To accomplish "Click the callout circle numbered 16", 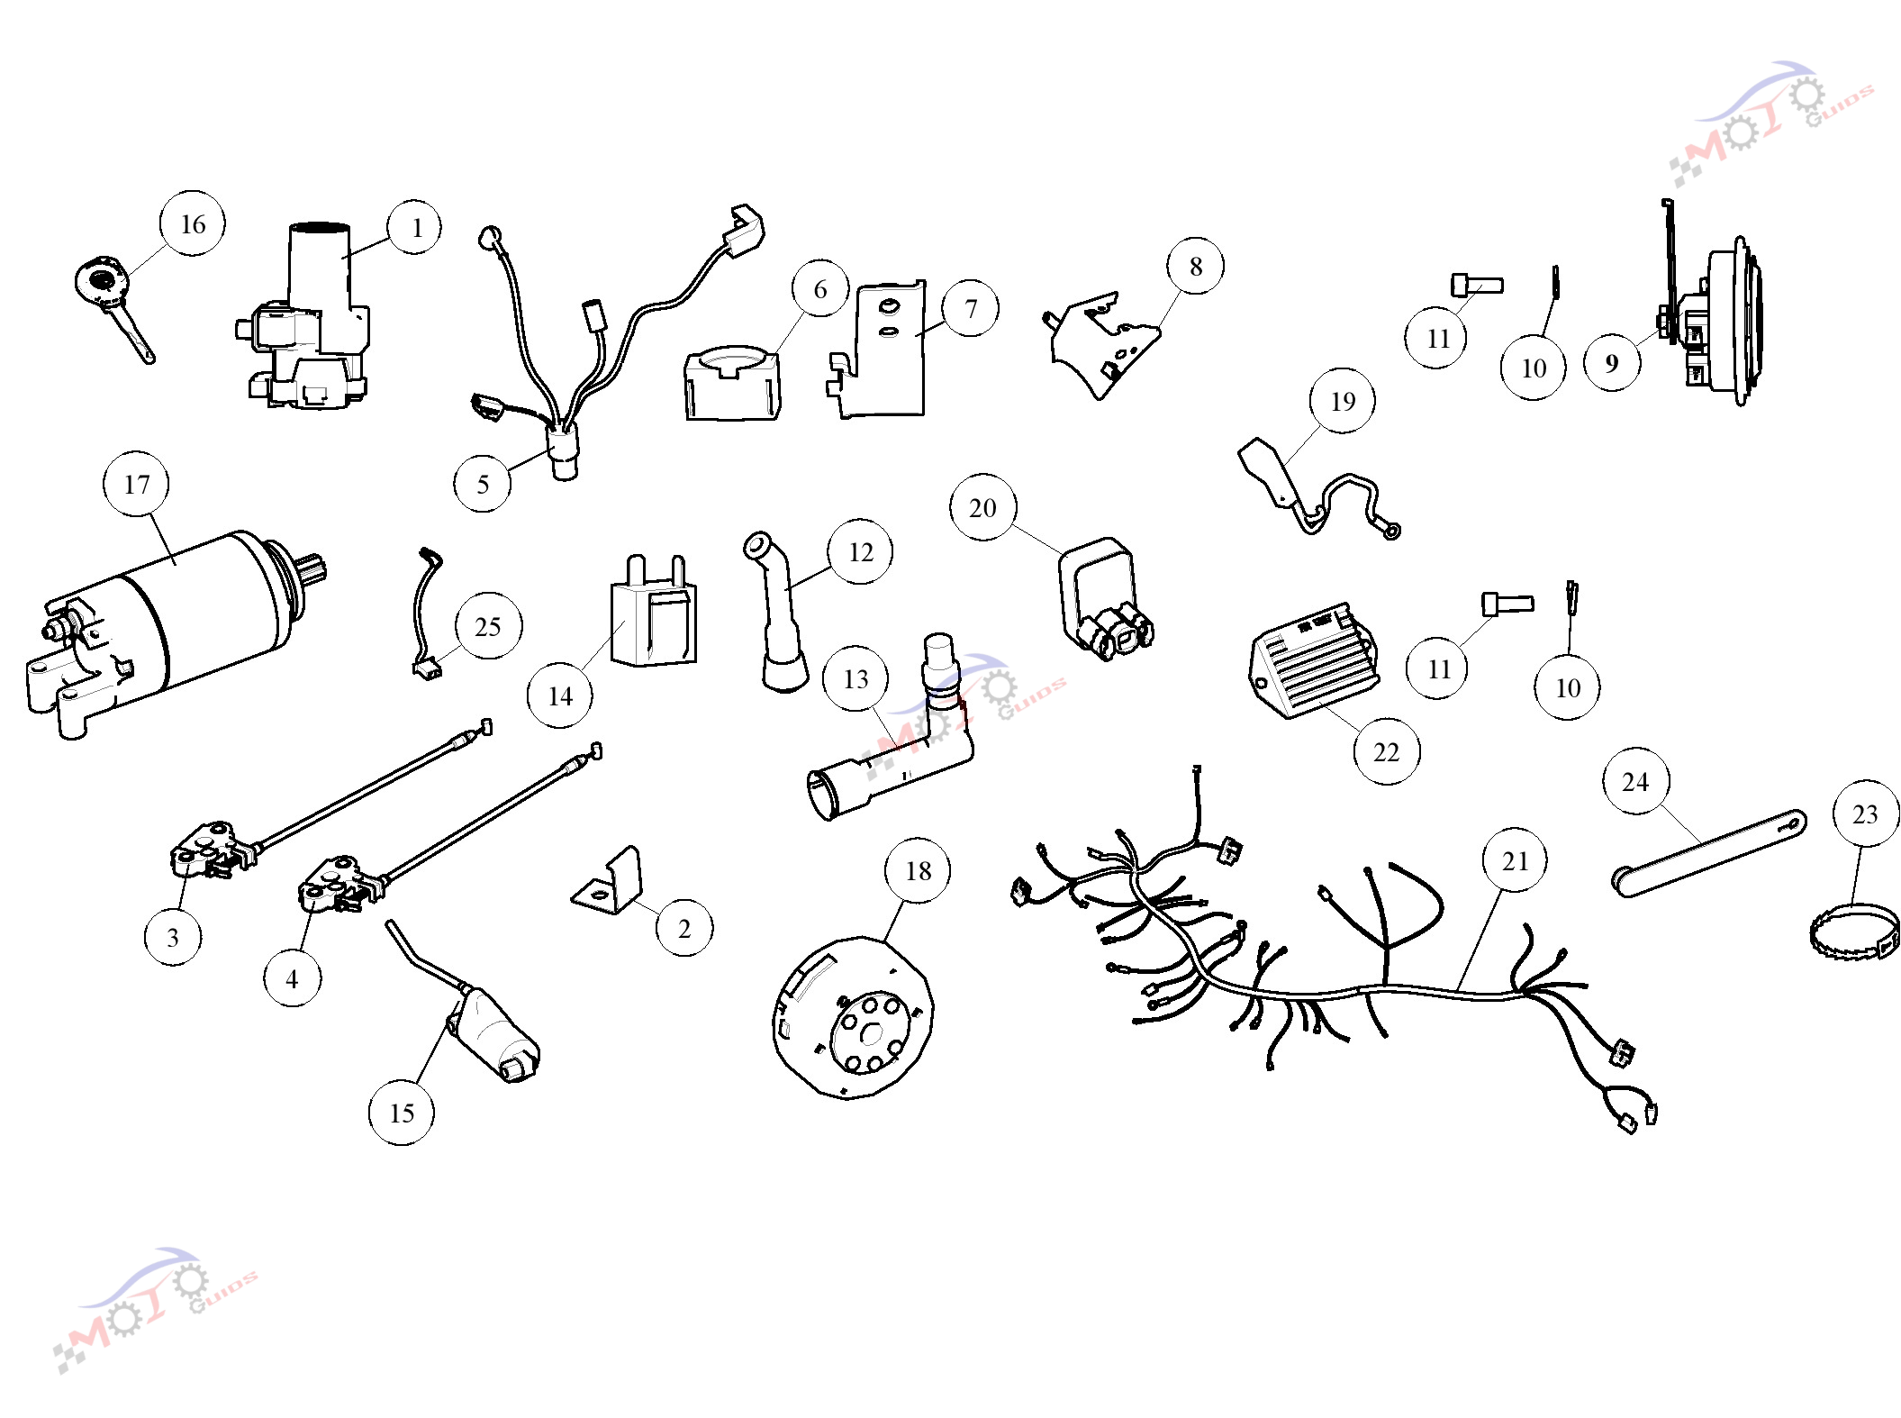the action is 193,223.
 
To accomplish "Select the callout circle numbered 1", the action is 415,227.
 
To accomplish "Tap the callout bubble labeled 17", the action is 137,484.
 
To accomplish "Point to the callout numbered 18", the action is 918,870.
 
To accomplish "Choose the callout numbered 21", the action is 1516,860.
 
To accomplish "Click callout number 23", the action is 1865,814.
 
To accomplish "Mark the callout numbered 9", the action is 1612,362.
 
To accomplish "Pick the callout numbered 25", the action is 488,626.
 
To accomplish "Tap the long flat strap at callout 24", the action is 1708,853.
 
